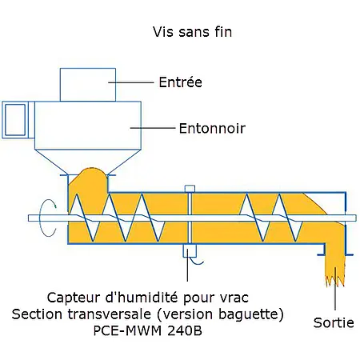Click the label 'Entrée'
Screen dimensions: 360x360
point(180,82)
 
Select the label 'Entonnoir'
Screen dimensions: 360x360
point(211,127)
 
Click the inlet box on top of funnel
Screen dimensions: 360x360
point(89,83)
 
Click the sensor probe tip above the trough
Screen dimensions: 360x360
point(189,190)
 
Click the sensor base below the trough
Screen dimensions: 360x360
point(189,251)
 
